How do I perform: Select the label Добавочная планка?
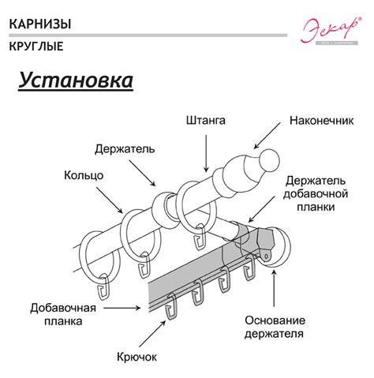[x=63, y=313]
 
